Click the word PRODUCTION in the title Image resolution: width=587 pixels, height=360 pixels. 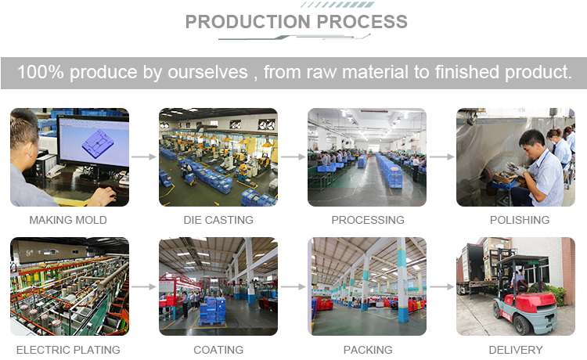248,22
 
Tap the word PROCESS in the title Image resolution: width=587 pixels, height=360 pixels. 362,22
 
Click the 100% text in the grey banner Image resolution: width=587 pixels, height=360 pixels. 41,72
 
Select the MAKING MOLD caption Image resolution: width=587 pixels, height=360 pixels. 68,220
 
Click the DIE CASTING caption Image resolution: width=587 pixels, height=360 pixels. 218,220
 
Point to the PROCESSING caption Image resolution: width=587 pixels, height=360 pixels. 368,220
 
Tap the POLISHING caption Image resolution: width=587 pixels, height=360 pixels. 520,220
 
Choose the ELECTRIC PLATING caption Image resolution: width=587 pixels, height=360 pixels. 68,350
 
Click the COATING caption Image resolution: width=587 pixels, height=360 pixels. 218,350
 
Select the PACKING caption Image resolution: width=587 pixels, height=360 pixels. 368,350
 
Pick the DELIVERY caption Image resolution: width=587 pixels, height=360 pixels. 516,350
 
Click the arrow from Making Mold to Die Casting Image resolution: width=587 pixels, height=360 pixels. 144,157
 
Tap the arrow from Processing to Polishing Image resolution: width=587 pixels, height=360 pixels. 441,157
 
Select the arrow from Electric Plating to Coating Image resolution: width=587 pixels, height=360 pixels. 144,286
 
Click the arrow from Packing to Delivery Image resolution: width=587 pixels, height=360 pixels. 441,286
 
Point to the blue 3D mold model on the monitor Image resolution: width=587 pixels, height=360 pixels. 97,143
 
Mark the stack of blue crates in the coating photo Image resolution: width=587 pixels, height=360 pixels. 212,310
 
